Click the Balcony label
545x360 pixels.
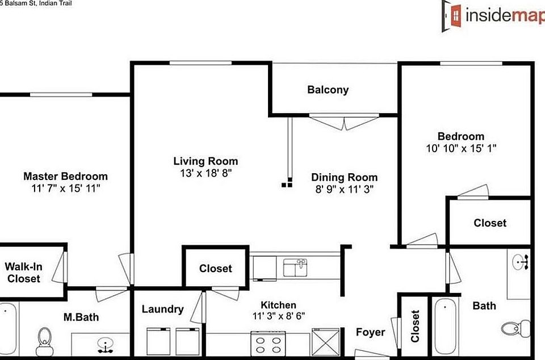[x=328, y=90]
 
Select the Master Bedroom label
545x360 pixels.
[x=65, y=177]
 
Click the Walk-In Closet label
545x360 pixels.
[x=23, y=273]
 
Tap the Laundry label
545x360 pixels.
[x=162, y=309]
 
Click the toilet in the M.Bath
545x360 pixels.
[x=43, y=340]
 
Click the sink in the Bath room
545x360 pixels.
[x=520, y=262]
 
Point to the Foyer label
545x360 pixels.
[x=370, y=332]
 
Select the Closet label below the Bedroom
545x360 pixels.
[x=490, y=223]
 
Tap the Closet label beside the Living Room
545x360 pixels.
[x=215, y=269]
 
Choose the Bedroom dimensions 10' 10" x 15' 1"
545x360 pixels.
[x=460, y=148]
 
